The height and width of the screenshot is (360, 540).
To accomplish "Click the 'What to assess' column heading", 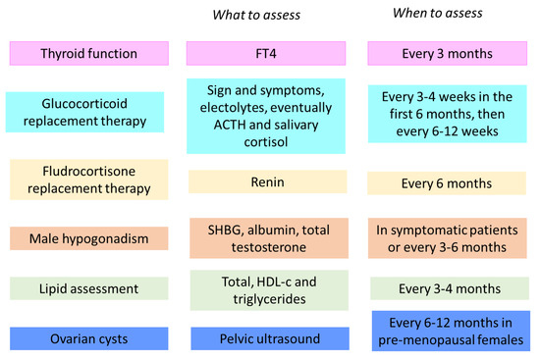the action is [256, 15].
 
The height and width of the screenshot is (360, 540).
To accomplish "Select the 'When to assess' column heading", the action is [437, 13].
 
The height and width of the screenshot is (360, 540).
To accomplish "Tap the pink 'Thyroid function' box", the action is [89, 53].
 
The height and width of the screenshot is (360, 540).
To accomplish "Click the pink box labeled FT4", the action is [266, 53].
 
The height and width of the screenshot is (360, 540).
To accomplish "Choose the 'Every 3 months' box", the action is [448, 53].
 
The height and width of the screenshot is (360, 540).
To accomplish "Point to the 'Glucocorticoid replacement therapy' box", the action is [84, 112].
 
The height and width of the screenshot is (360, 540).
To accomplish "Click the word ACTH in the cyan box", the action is [230, 125].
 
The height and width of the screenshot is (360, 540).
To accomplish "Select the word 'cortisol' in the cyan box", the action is [266, 142].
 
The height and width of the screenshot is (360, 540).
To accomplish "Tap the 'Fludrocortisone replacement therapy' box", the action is [89, 180].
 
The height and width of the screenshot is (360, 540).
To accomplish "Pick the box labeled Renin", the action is [268, 181].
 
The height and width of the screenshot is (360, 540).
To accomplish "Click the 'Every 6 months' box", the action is [447, 183].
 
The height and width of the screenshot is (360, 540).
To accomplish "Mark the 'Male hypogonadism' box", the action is [89, 238].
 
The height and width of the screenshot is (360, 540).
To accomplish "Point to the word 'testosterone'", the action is [269, 247].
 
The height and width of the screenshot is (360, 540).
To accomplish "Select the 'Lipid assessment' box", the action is [89, 288].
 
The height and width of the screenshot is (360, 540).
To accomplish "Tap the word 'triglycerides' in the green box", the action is [269, 299].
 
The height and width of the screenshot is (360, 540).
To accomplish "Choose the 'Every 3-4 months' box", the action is [450, 288].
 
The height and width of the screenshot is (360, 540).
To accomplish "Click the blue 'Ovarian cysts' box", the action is [89, 338].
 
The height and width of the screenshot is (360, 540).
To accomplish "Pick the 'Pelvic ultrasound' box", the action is [270, 338].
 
